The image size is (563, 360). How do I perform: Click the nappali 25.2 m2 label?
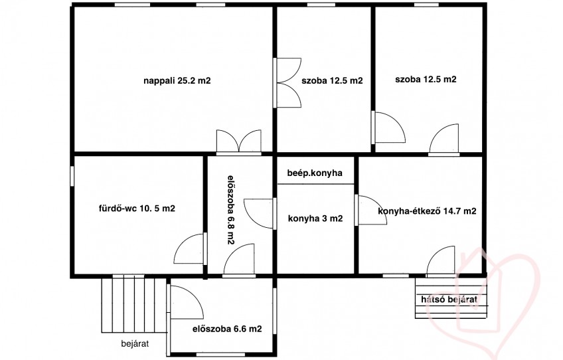click(x=177, y=81)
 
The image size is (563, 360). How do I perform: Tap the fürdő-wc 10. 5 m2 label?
click(x=137, y=209)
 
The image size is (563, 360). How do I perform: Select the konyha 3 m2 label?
click(x=315, y=219)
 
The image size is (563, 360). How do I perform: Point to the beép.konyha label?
click(x=315, y=173)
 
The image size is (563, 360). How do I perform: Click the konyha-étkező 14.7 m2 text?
click(x=427, y=211)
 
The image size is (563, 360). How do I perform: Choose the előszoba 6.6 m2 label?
click(x=227, y=329)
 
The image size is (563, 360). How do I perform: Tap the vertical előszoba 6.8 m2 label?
click(x=231, y=210)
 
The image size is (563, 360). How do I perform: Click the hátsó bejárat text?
click(x=449, y=300)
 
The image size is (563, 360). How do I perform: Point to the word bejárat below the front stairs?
click(x=135, y=344)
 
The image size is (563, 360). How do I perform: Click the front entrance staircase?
click(x=134, y=304)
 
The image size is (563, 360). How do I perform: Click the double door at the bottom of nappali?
click(x=239, y=142)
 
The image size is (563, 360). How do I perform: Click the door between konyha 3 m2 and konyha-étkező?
click(x=370, y=210)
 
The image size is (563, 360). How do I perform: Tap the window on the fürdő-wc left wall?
click(x=72, y=176)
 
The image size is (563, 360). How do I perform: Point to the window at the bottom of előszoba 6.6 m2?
click(x=220, y=354)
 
